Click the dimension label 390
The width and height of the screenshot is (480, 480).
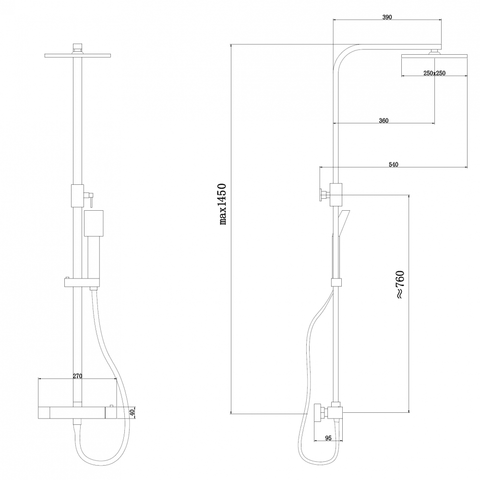pyautogui.click(x=387, y=17)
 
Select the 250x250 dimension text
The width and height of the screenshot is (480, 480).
pyautogui.click(x=435, y=73)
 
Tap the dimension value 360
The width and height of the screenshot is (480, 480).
pyautogui.click(x=383, y=120)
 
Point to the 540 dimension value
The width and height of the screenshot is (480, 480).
pyautogui.click(x=393, y=164)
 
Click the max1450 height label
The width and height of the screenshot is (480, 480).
pyautogui.click(x=222, y=204)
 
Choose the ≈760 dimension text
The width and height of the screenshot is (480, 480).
pyautogui.click(x=400, y=285)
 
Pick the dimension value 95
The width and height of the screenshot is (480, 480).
pyautogui.click(x=328, y=438)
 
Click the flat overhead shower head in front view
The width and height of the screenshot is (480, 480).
pyautogui.click(x=77, y=56)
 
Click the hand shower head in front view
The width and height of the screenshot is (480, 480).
pyautogui.click(x=94, y=223)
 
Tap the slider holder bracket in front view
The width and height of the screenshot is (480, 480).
pyautogui.click(x=81, y=283)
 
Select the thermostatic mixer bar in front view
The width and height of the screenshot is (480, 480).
pyautogui.click(x=77, y=412)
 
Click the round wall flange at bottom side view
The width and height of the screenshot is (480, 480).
pyautogui.click(x=317, y=413)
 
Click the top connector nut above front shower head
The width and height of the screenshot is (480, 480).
pyautogui.click(x=77, y=48)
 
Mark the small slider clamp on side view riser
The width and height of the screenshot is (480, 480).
pyautogui.click(x=337, y=284)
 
